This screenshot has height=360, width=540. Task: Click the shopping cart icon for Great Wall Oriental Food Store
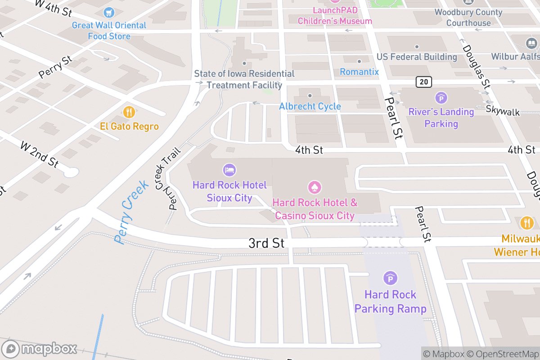(x=108, y=12)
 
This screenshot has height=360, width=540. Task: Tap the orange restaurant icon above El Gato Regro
(x=129, y=112)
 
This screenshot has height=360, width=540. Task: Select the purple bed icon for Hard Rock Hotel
(x=229, y=170)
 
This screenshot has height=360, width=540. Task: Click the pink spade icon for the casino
(x=315, y=187)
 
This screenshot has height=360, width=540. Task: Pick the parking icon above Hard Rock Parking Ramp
(x=390, y=279)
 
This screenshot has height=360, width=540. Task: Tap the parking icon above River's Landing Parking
(x=441, y=97)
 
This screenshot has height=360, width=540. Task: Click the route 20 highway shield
(x=423, y=81)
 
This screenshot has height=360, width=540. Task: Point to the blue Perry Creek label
(x=131, y=211)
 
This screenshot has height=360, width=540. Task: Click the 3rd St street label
(x=266, y=243)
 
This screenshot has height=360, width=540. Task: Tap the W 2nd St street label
(x=40, y=154)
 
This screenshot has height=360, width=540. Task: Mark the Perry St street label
(x=55, y=67)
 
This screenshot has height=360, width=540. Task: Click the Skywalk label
(x=503, y=112)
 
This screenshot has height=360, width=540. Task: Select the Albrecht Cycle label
(x=310, y=107)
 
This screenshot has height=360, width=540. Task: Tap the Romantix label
(x=359, y=72)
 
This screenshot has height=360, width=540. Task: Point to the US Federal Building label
(x=417, y=57)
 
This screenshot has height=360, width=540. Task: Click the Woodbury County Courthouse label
(x=468, y=18)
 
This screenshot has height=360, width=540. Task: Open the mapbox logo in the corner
(x=40, y=349)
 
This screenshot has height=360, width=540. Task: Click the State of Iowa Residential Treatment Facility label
(x=244, y=79)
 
